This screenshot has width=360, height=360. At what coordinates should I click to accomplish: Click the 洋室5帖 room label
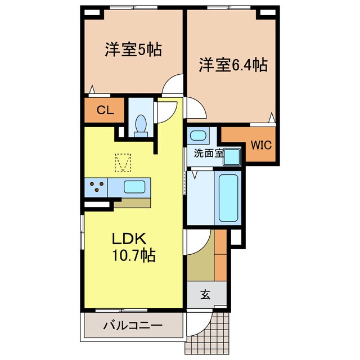(x=133, y=50)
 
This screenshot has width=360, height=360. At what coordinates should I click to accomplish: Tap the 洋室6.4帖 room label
(x=232, y=65)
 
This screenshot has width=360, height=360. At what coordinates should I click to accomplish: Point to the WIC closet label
(x=261, y=145)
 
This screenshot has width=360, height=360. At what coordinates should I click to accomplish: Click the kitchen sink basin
(x=135, y=187)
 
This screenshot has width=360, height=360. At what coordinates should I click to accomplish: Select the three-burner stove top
(x=96, y=187)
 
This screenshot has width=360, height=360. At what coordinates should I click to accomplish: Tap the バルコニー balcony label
(x=133, y=326)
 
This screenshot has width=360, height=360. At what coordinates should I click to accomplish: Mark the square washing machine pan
(x=232, y=157)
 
